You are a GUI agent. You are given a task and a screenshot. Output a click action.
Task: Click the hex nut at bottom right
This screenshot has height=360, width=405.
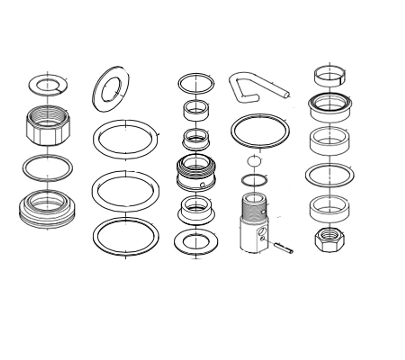coord(329,240)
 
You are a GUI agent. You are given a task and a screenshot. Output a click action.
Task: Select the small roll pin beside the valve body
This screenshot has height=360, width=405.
coord(283,248)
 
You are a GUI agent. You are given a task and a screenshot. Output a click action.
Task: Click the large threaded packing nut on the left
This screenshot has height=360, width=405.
coord(48,127)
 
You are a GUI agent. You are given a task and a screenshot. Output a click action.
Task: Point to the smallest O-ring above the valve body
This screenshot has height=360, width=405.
coord(254,161)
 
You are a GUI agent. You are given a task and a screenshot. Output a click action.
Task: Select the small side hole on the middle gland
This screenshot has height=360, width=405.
coord(202,185)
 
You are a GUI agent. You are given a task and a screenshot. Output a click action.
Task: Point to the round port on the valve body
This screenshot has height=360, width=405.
coord(262,232)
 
